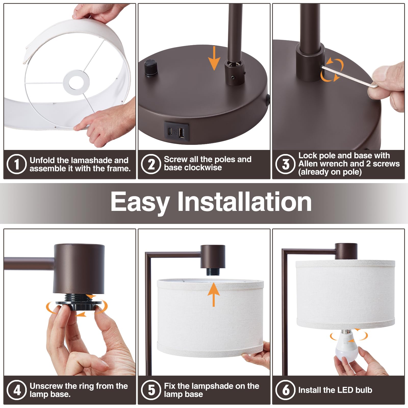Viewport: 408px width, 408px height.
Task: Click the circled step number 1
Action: pyautogui.click(x=17, y=164)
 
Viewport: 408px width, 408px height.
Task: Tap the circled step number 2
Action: pyautogui.click(x=151, y=164)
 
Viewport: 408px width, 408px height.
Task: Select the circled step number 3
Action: pyautogui.click(x=286, y=164)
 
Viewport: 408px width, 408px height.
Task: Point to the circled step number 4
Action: pyautogui.click(x=17, y=390)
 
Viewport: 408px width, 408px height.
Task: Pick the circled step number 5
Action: pyautogui.click(x=151, y=390)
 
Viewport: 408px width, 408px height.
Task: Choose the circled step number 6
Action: pyautogui.click(x=286, y=390)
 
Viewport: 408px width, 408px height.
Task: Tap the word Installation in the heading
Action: pyautogui.click(x=245, y=201)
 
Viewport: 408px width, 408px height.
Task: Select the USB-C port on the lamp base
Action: pyautogui.click(x=170, y=132)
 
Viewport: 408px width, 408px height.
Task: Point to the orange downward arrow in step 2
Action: pyautogui.click(x=214, y=58)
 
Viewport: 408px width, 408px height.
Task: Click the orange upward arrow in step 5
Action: pyautogui.click(x=213, y=294)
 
